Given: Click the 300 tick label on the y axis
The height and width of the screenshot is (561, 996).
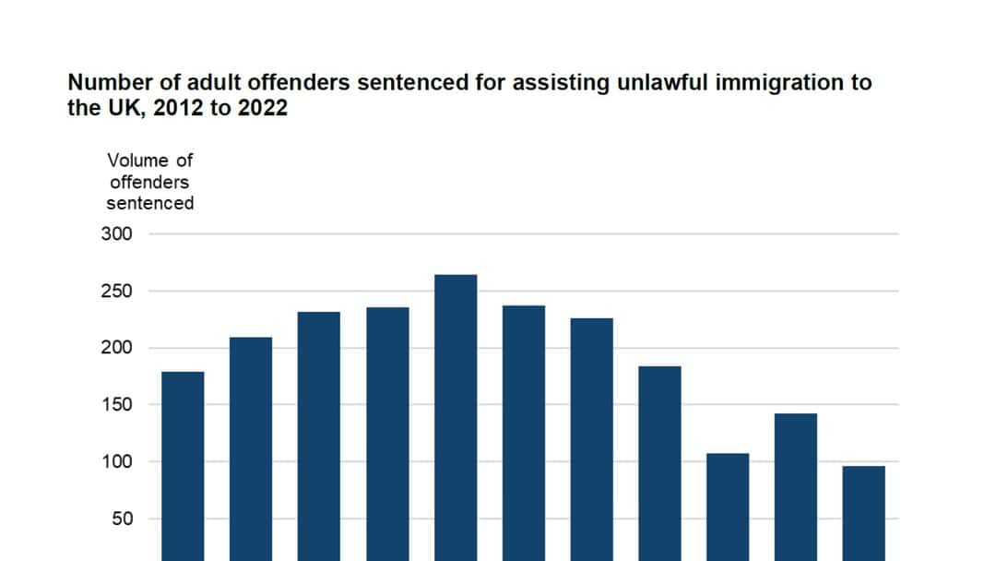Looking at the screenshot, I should click(117, 234).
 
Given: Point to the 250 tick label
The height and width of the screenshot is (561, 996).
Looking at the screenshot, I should click(117, 292).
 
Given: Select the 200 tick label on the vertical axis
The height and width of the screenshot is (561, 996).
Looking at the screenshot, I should click(117, 348).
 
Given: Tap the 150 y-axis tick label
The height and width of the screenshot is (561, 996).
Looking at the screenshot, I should click(117, 405).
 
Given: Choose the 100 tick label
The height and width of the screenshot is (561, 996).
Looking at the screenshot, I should click(117, 461).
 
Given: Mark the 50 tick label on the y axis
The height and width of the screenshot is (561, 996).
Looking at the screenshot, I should click(122, 519).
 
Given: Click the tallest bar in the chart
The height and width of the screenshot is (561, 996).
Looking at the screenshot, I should click(456, 415).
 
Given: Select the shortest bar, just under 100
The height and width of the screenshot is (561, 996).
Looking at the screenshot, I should click(863, 512).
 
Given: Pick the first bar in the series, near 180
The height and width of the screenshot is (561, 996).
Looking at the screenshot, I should click(183, 461).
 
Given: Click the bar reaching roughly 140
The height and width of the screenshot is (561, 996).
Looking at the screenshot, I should click(795, 484).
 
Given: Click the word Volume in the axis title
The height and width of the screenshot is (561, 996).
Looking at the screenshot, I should click(138, 161).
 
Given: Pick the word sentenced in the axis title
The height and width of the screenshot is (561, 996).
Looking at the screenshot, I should click(149, 203).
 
